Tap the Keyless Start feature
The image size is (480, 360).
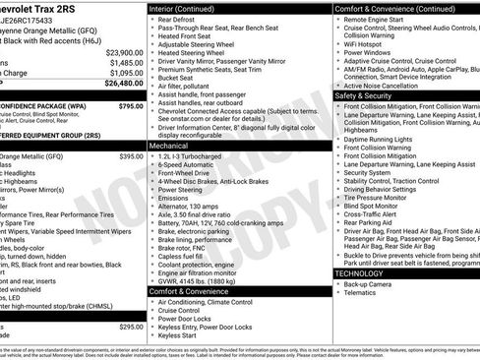[178, 335]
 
